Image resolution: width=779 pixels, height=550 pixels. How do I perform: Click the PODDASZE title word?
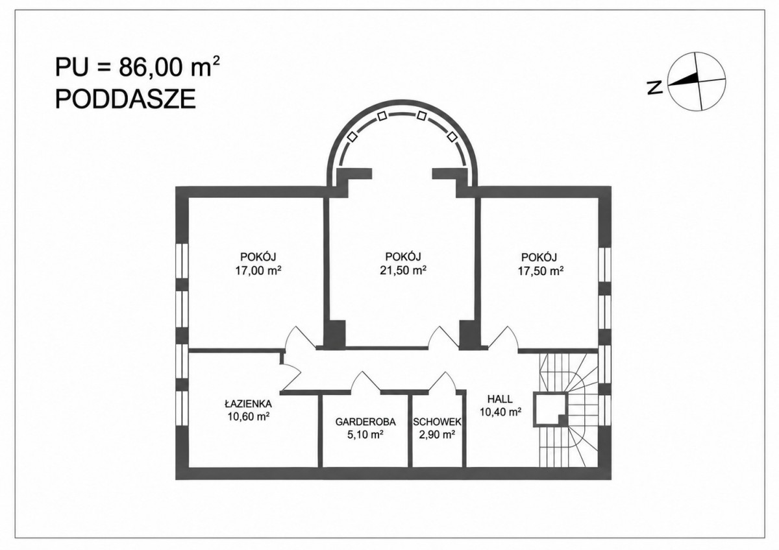[x=125, y=99]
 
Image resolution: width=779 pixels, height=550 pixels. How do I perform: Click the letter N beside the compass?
[x=655, y=87]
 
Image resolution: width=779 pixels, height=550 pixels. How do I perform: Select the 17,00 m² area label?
[x=258, y=270]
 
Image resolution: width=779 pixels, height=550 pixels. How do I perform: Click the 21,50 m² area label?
[x=403, y=270]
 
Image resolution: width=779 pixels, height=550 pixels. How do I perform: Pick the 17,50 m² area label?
[x=541, y=270]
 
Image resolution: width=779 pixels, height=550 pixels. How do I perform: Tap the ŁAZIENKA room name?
[x=248, y=403]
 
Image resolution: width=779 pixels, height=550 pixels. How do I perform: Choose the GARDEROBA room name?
[x=365, y=422]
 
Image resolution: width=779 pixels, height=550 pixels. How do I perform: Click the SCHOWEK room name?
[x=437, y=422]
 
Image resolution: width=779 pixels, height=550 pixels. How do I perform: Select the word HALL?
[x=500, y=398]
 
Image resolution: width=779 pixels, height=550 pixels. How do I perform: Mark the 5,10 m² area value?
[x=365, y=435]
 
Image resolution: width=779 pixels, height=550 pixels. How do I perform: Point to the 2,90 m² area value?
[x=437, y=435]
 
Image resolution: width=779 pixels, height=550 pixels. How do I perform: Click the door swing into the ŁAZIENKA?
[x=290, y=377]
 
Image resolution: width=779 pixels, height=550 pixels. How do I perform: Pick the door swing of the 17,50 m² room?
[x=503, y=337]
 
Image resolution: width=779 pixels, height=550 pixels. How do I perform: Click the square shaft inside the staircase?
[x=550, y=410]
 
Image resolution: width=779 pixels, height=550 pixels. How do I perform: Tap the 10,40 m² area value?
[x=501, y=412]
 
